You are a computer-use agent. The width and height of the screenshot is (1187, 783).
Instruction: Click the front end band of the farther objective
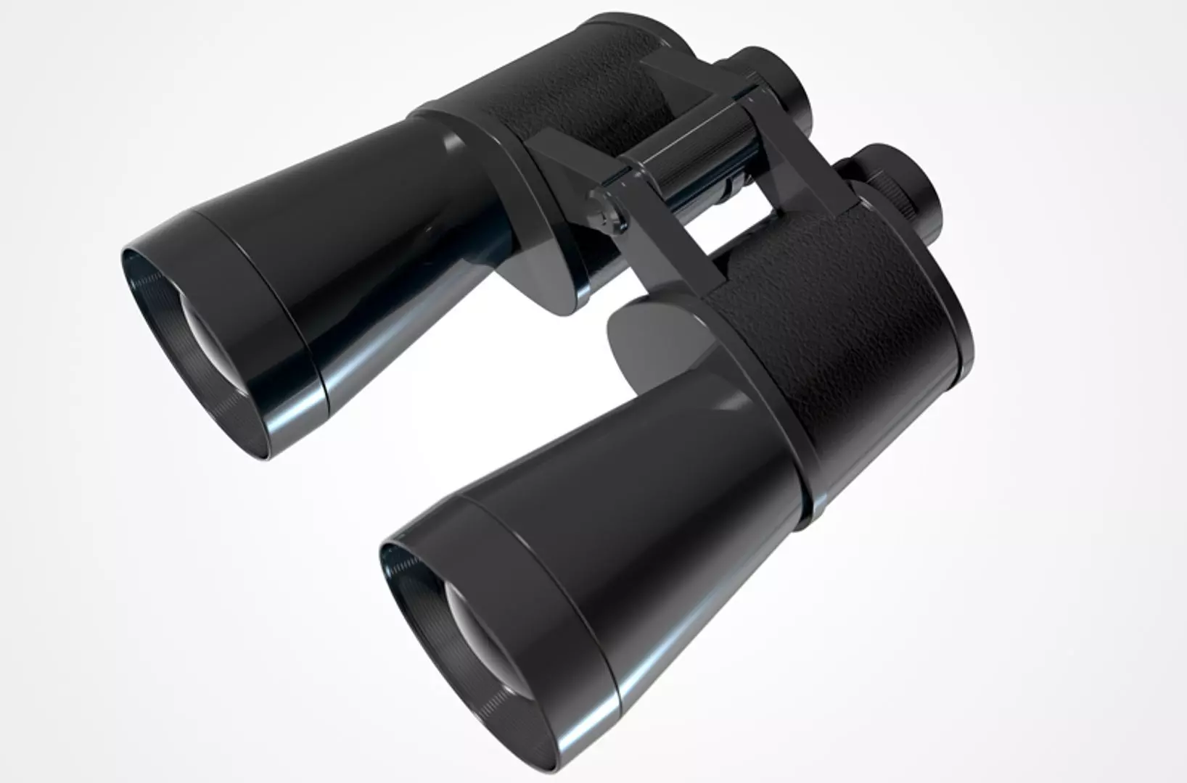[x=276, y=319]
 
